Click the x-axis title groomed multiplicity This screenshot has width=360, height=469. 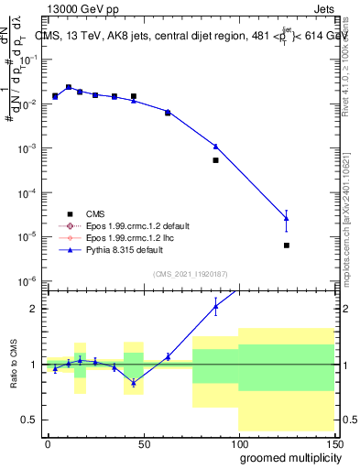click(286, 457)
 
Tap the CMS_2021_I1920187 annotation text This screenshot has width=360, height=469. click(189, 274)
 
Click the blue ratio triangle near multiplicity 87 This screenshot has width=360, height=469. click(215, 307)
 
